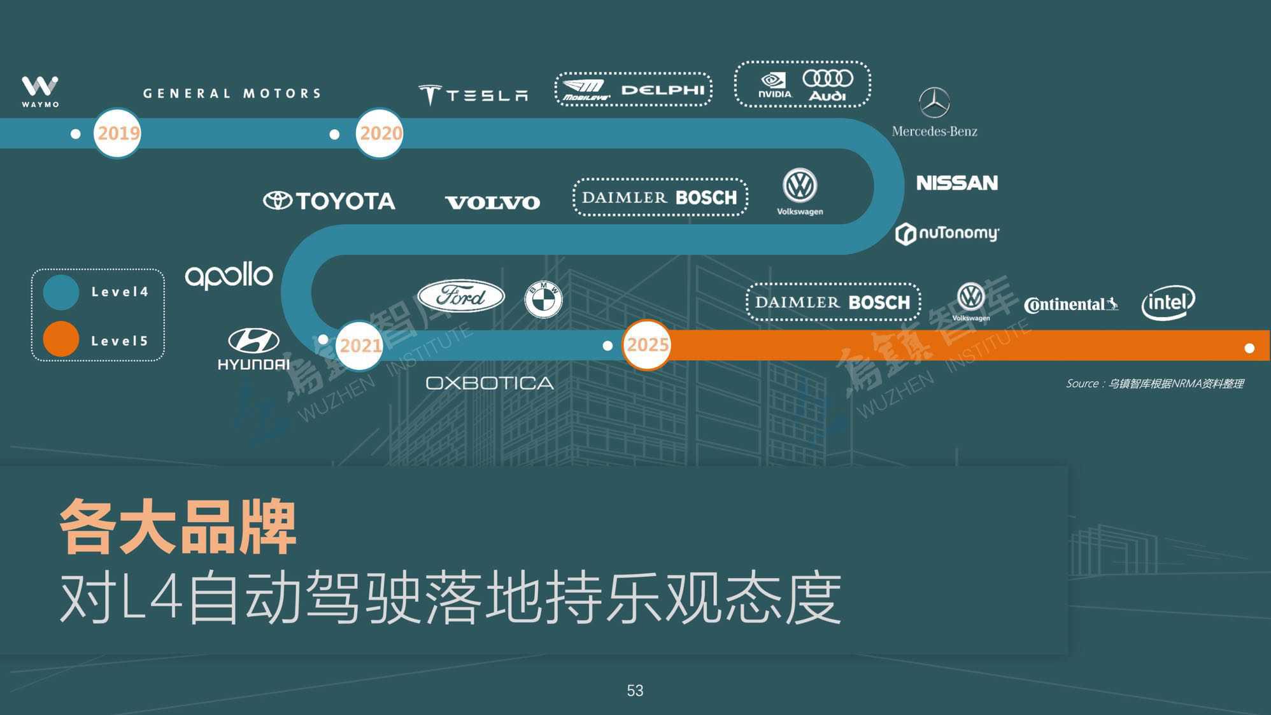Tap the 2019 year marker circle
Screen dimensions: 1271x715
[117, 133]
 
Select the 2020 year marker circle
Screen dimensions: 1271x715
[380, 133]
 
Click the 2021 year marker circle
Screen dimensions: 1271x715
[359, 346]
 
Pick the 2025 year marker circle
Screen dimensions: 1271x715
[646, 345]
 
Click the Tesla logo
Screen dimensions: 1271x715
[473, 95]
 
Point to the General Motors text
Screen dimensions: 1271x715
[232, 94]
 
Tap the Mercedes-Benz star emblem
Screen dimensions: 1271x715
[934, 103]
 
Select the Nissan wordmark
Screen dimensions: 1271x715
[957, 183]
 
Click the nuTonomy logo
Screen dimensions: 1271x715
[947, 234]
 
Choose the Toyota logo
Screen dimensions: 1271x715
[329, 201]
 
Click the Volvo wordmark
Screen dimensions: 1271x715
[492, 203]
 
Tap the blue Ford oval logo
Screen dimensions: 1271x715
[461, 296]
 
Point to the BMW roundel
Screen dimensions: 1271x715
[543, 299]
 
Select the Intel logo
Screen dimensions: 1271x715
[1168, 302]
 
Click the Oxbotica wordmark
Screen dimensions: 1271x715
[490, 383]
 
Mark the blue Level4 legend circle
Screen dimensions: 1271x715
[61, 292]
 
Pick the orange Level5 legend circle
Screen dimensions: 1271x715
[61, 339]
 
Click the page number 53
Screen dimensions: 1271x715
[635, 691]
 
